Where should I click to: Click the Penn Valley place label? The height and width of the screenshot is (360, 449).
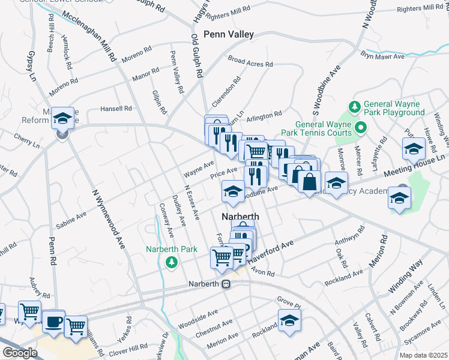[229, 35]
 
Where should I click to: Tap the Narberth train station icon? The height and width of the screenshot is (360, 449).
[226, 284]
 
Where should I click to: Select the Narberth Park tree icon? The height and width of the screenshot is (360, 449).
[171, 262]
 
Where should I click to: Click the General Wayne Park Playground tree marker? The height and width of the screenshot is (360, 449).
[354, 107]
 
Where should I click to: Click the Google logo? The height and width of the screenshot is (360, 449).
[19, 353]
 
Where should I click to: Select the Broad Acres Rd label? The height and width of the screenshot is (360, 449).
[250, 62]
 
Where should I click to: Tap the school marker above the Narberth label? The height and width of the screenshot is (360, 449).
[233, 191]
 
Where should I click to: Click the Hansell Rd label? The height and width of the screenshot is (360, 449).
[115, 109]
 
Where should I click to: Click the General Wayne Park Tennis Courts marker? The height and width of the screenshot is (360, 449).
[361, 127]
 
